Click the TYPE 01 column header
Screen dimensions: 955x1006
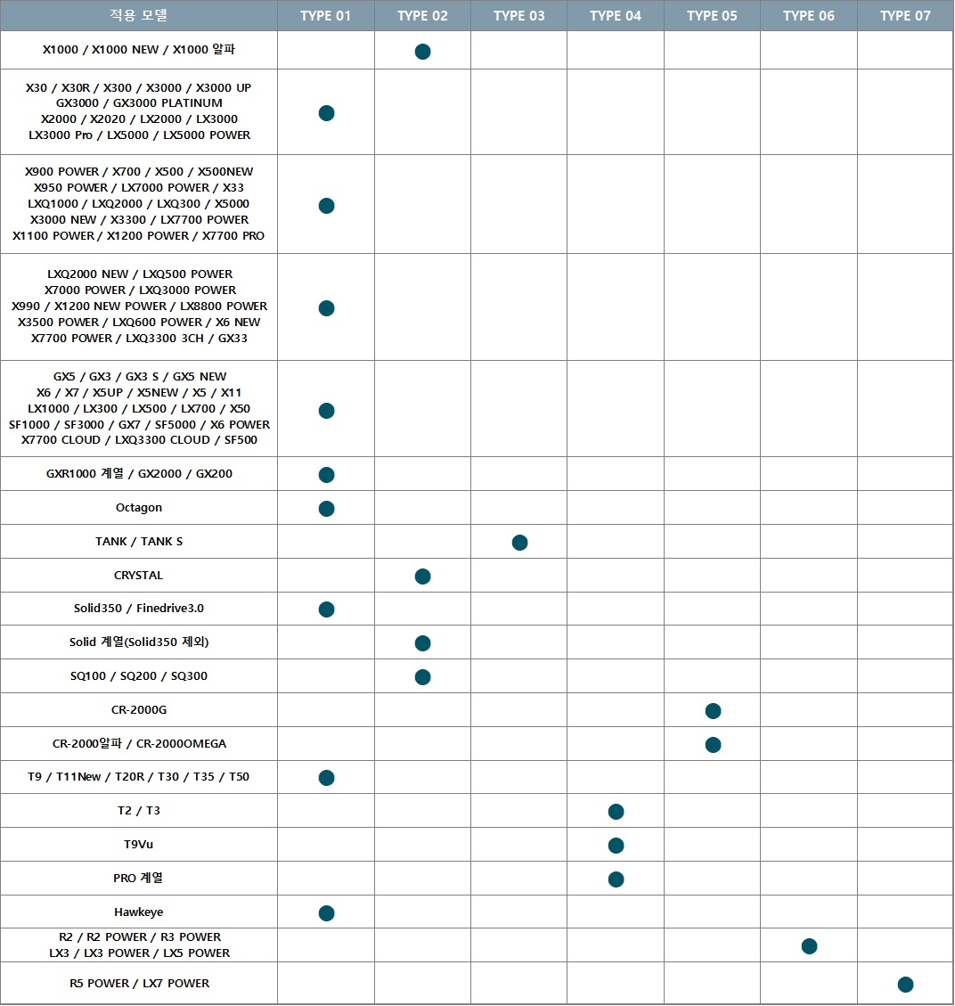click(326, 15)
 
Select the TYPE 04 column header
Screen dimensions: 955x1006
click(616, 15)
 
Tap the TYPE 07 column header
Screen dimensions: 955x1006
click(905, 15)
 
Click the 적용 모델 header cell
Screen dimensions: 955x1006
click(139, 15)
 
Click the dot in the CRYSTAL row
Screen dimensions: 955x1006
click(422, 577)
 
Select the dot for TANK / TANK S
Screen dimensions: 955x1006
click(519, 543)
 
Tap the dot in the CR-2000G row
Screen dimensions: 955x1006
click(713, 711)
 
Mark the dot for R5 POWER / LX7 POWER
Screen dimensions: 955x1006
click(905, 985)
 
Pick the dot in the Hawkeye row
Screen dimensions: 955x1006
click(326, 913)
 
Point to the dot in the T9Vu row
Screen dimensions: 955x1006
click(616, 846)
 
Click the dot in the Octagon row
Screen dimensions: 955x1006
click(326, 509)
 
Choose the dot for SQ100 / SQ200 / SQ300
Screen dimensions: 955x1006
click(422, 677)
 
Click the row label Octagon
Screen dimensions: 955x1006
click(139, 508)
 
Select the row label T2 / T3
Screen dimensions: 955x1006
click(139, 810)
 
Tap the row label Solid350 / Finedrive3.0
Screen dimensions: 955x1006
click(139, 609)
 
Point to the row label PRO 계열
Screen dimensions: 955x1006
click(138, 878)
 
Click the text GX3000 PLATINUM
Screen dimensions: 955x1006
click(168, 103)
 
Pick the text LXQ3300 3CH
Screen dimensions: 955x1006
click(165, 338)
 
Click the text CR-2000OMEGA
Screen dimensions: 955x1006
click(182, 744)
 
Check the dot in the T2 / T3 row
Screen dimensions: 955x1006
click(616, 812)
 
